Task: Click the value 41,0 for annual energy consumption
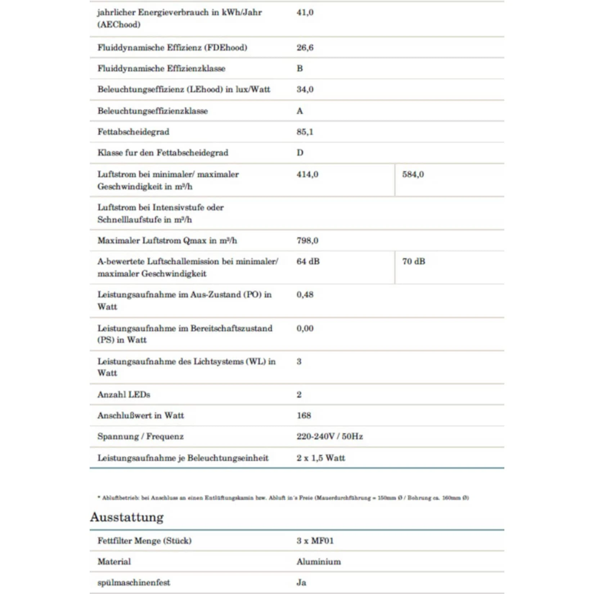pyautogui.click(x=305, y=13)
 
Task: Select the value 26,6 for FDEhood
pyautogui.click(x=305, y=48)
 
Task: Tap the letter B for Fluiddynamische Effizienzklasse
pyautogui.click(x=300, y=68)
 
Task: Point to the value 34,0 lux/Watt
pyautogui.click(x=305, y=89)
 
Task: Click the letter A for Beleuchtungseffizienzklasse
pyautogui.click(x=300, y=111)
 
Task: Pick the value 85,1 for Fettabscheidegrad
pyautogui.click(x=305, y=132)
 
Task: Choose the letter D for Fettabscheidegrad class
pyautogui.click(x=300, y=153)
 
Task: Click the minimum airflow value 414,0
pyautogui.click(x=307, y=175)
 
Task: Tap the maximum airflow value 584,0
pyautogui.click(x=413, y=175)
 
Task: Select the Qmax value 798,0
pyautogui.click(x=307, y=240)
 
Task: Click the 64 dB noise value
pyautogui.click(x=308, y=261)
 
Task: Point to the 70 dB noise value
pyautogui.click(x=414, y=261)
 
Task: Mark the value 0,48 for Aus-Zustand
pyautogui.click(x=305, y=294)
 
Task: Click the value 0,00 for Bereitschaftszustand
pyautogui.click(x=305, y=328)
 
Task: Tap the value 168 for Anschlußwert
pyautogui.click(x=304, y=415)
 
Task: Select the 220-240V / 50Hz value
pyautogui.click(x=329, y=436)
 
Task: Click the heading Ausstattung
pyautogui.click(x=127, y=517)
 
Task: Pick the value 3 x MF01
pyautogui.click(x=315, y=541)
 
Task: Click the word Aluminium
pyautogui.click(x=319, y=562)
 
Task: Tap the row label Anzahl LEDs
pyautogui.click(x=124, y=395)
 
